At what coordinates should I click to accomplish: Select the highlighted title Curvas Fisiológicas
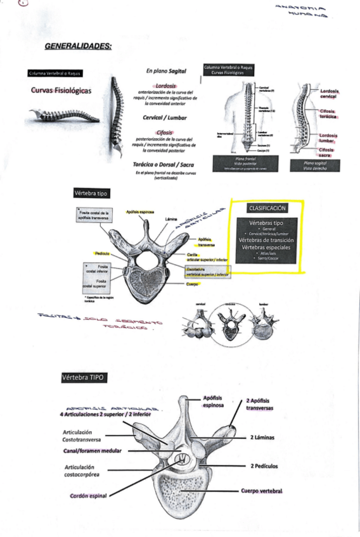pos(61,91)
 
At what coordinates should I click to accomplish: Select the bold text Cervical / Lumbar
pos(159,117)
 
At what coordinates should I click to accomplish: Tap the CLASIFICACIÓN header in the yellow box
pos(267,208)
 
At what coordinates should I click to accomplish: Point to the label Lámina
pos(170,220)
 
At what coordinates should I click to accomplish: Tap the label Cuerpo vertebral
pos(260,491)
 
